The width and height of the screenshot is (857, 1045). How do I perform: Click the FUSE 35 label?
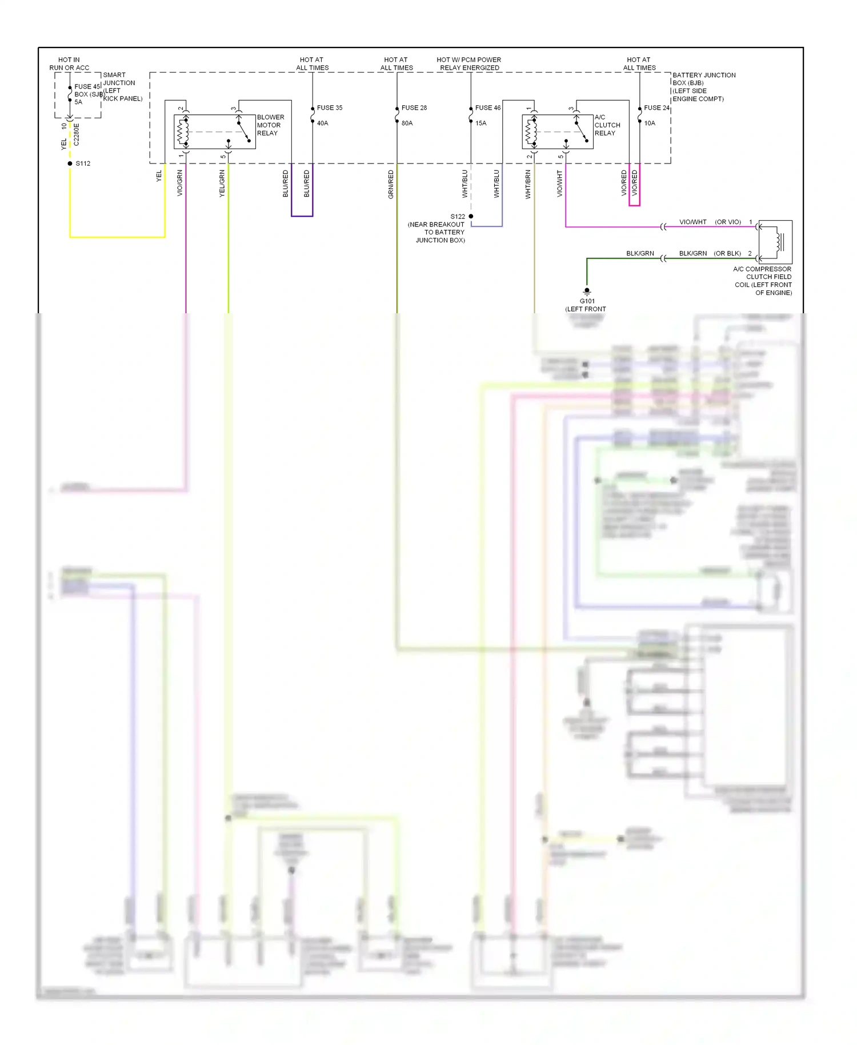330,107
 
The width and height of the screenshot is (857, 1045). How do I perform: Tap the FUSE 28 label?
414,107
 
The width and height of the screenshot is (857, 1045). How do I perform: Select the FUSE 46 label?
488,107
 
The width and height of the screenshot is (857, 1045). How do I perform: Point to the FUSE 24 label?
656,107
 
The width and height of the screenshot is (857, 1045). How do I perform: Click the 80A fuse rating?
407,123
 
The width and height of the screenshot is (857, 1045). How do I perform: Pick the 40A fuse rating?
323,123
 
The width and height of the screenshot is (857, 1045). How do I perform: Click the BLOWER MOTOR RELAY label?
270,125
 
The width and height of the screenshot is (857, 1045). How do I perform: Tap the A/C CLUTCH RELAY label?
607,125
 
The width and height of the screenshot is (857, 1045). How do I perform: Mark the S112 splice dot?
70,163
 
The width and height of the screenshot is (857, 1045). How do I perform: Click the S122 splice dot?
471,216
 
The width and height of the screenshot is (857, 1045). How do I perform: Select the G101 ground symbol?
587,292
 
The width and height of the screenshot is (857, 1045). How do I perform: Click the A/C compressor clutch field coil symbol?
776,242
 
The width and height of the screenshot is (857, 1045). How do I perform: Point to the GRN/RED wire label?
391,184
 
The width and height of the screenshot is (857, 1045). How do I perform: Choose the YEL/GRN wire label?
222,184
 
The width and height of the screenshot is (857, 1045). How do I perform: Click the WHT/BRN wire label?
528,184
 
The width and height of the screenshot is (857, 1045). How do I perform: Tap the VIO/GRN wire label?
180,183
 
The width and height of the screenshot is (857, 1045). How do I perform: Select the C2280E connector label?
77,134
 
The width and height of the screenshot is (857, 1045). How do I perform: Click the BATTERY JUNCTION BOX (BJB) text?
703,79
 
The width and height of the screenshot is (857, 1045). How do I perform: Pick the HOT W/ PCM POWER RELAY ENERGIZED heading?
469,63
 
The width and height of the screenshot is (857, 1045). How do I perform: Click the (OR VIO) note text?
728,222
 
